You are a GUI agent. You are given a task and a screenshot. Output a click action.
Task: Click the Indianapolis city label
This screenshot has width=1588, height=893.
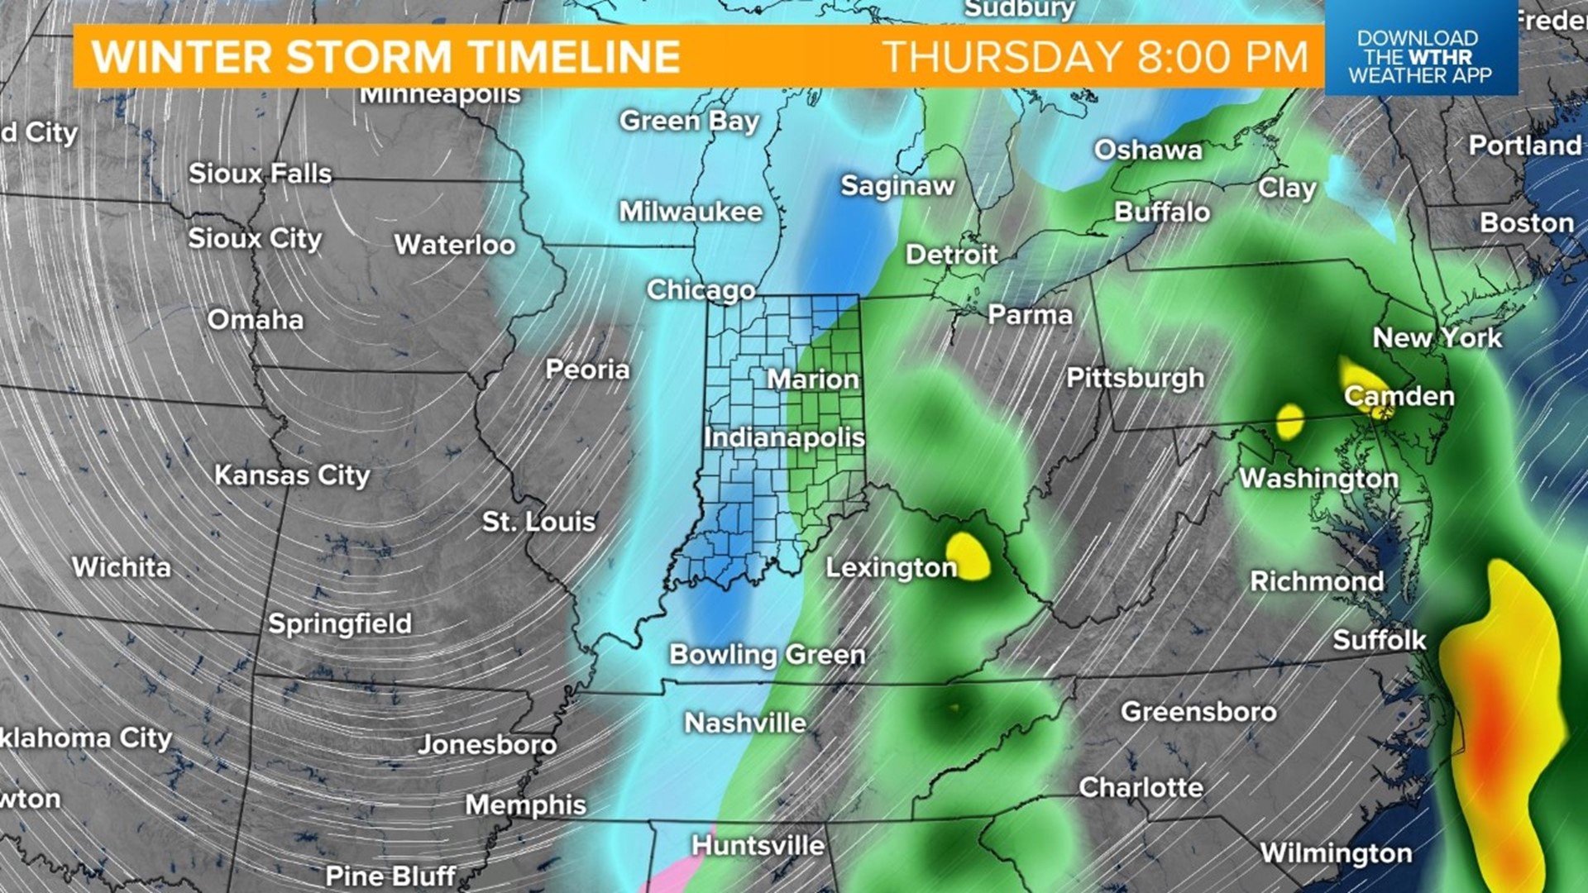[x=784, y=437]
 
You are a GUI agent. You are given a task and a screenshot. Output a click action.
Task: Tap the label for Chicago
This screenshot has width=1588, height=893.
[x=701, y=290]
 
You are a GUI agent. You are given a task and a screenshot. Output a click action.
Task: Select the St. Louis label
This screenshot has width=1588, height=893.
[x=538, y=522]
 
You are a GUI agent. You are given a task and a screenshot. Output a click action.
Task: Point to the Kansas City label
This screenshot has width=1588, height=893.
[x=292, y=475]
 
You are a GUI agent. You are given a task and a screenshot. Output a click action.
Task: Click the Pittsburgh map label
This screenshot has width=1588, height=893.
[x=1135, y=378]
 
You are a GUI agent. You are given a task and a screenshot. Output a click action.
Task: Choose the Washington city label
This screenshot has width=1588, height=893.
[x=1318, y=479]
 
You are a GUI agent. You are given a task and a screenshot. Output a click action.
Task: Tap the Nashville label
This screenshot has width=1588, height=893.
[x=745, y=723]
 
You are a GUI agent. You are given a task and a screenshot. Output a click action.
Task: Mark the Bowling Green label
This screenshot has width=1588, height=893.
[x=767, y=655]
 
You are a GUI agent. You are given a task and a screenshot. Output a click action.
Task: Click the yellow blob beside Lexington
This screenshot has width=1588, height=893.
[x=969, y=556]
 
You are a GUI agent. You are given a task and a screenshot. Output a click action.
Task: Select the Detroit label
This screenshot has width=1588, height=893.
[x=952, y=255]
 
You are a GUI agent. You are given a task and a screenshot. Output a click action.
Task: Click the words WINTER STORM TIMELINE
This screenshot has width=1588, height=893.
[x=385, y=57]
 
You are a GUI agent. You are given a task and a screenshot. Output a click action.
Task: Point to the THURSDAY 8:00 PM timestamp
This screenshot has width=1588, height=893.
[x=1096, y=57]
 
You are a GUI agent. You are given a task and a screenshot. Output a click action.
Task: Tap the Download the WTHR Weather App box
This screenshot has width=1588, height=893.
[x=1420, y=56]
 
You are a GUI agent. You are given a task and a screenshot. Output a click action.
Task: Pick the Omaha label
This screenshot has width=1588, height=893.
[x=256, y=320]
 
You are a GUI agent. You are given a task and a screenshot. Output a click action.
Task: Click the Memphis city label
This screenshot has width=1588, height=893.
[x=526, y=805]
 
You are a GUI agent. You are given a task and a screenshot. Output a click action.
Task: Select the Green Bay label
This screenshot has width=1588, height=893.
[x=689, y=122]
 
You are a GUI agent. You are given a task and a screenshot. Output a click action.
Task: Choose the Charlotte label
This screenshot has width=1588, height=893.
[x=1141, y=787]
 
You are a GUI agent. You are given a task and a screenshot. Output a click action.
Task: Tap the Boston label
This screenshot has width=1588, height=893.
[x=1527, y=223]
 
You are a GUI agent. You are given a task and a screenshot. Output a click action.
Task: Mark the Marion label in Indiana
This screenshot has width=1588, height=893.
[x=813, y=380]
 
